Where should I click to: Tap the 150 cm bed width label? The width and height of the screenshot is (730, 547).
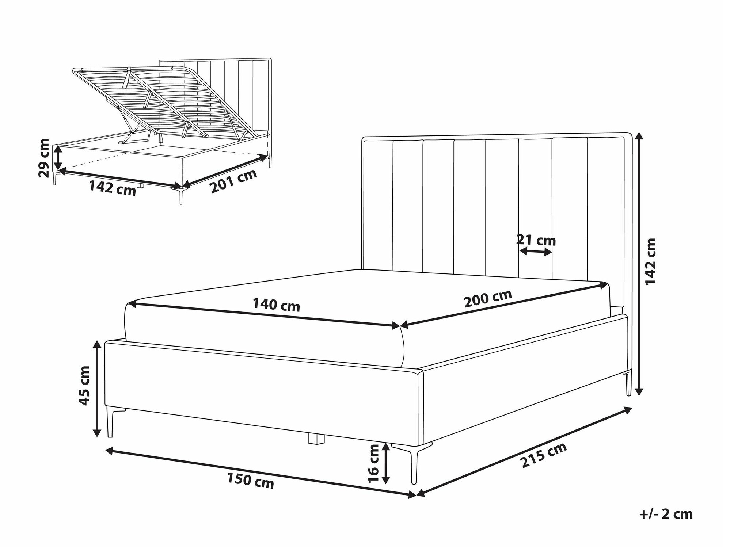250,480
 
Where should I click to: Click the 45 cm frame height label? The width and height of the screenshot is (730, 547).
84,386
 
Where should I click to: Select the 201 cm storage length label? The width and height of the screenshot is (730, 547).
233,181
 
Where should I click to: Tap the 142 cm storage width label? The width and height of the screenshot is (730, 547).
113,188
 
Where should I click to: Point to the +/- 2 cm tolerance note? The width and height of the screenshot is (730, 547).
666,515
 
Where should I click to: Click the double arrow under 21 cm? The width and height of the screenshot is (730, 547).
536,251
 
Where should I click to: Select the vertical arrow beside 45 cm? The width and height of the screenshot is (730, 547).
97,389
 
